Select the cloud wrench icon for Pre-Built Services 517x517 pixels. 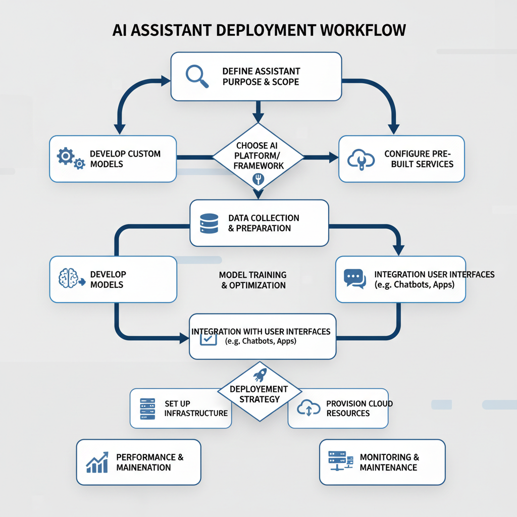(360, 160)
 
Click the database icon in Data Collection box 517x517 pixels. (209, 223)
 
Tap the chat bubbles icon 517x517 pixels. (354, 278)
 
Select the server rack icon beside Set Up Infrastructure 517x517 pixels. (147, 408)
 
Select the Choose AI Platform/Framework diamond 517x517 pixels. (258, 156)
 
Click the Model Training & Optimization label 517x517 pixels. (253, 280)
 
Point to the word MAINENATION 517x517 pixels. (143, 468)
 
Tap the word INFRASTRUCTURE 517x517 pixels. (196, 413)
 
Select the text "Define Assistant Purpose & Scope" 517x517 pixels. (261, 76)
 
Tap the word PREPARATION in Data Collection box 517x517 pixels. (263, 228)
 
